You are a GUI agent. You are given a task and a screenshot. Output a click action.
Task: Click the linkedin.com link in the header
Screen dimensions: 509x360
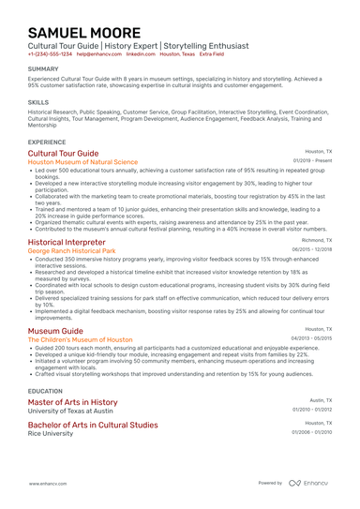point(141,54)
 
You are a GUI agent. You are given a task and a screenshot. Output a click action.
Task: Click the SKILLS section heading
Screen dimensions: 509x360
point(38,101)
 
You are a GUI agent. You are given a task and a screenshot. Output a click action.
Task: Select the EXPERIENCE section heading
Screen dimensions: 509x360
point(47,142)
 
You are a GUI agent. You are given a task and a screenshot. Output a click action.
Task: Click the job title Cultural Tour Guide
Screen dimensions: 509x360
point(63,153)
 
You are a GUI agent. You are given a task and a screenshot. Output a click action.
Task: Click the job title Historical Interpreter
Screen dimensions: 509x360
point(67,242)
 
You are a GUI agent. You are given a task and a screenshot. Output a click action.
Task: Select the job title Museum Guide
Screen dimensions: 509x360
point(55,331)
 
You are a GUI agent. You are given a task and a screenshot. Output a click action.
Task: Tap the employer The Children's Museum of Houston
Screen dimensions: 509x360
point(81,340)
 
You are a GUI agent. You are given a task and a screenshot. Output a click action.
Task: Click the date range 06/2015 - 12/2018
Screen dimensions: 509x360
point(311,250)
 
